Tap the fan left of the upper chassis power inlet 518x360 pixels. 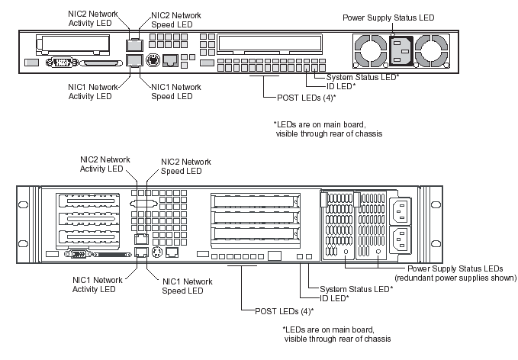[368, 52]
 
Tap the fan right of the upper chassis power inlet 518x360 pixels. [433, 52]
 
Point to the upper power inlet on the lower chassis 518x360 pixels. [402, 211]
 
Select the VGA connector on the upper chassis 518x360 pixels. [61, 64]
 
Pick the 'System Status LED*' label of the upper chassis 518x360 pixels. [363, 77]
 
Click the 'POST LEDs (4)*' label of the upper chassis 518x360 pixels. [299, 98]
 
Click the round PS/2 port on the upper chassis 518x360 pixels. [151, 59]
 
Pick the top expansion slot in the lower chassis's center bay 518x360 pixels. [255, 202]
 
